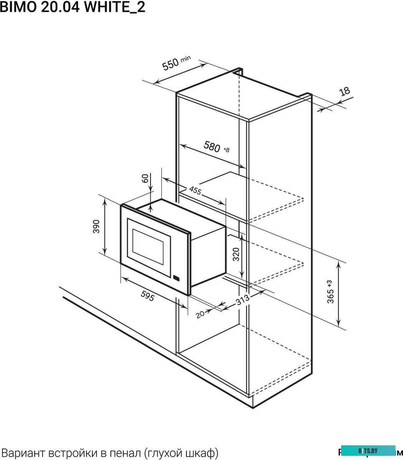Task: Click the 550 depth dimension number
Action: pyautogui.click(x=171, y=65)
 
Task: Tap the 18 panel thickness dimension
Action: pyautogui.click(x=344, y=92)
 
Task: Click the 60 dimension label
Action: pyautogui.click(x=145, y=179)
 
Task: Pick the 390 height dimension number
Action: pyautogui.click(x=97, y=226)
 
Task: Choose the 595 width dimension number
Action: pyautogui.click(x=147, y=297)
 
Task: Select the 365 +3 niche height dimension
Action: pyautogui.click(x=331, y=291)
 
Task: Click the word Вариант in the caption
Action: pyautogui.click(x=23, y=452)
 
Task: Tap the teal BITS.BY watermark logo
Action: pyautogui.click(x=368, y=451)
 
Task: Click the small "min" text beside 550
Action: pyautogui.click(x=186, y=58)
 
